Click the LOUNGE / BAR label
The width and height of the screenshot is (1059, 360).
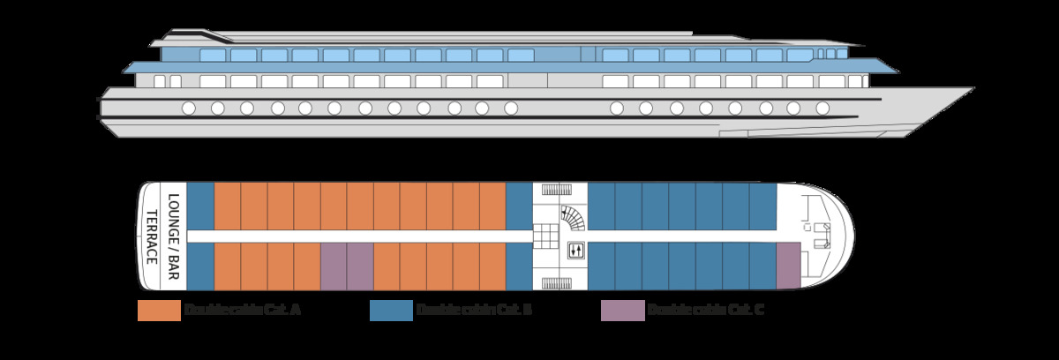click(174, 236)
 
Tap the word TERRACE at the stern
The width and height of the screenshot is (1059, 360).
click(152, 236)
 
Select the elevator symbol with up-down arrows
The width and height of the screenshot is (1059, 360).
click(575, 251)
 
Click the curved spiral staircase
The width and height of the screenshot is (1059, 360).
click(572, 215)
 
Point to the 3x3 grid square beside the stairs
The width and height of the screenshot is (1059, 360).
click(545, 235)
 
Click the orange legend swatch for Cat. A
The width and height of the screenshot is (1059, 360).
click(158, 311)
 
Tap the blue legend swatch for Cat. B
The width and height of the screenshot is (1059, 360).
click(391, 311)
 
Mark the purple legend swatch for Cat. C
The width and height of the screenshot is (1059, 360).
click(622, 311)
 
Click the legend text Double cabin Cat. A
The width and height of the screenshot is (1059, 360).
click(243, 311)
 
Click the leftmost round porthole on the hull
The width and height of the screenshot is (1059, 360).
click(188, 109)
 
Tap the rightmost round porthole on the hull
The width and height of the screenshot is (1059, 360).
click(822, 109)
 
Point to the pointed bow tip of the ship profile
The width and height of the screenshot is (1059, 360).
click(973, 88)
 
